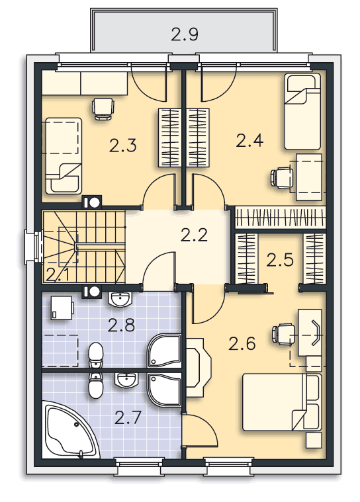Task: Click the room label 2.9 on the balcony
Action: pyautogui.click(x=185, y=34)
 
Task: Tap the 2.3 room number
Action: pyautogui.click(x=122, y=146)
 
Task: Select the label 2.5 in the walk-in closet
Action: pyautogui.click(x=280, y=260)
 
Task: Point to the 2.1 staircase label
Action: pyautogui.click(x=58, y=275)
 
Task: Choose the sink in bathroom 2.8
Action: pyautogui.click(x=120, y=300)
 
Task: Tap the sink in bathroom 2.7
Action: pyautogui.click(x=126, y=380)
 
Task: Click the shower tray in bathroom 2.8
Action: pyautogui.click(x=164, y=351)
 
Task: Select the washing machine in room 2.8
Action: pyautogui.click(x=62, y=308)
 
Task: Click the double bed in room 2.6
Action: pyautogui.click(x=282, y=401)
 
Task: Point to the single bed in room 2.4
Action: pyautogui.click(x=302, y=111)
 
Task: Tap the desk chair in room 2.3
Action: pyautogui.click(x=103, y=108)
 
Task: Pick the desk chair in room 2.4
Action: pyautogui.click(x=282, y=177)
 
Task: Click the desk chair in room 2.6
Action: pyautogui.click(x=283, y=334)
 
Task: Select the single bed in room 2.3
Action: pyautogui.click(x=64, y=156)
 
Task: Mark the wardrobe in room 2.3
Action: pyautogui.click(x=170, y=138)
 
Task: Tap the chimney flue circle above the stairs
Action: pyautogui.click(x=95, y=202)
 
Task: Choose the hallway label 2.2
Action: pyautogui.click(x=194, y=235)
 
